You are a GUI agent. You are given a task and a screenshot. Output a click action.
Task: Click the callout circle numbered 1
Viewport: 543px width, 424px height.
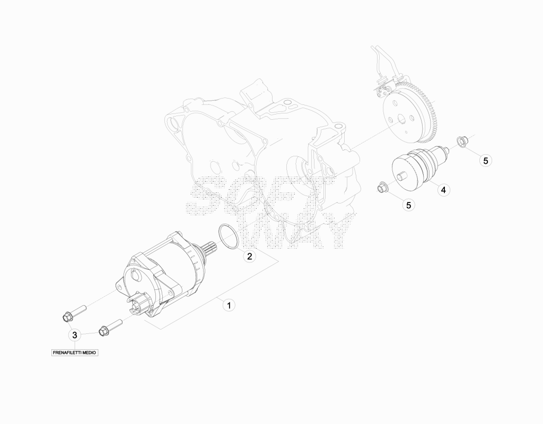click(x=229, y=306)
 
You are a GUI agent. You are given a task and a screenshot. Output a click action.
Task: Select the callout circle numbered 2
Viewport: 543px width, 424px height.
click(x=249, y=256)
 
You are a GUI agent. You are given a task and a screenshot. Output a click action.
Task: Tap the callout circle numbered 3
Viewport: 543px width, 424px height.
click(x=74, y=335)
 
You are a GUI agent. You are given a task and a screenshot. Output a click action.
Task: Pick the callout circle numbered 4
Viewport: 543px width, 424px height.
click(x=443, y=190)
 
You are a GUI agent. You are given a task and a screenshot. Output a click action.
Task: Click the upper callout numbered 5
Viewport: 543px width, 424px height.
click(x=486, y=161)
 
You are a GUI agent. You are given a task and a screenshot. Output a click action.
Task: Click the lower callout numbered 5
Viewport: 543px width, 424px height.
click(x=409, y=205)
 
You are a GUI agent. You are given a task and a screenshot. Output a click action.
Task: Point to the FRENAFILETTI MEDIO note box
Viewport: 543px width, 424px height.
click(x=75, y=352)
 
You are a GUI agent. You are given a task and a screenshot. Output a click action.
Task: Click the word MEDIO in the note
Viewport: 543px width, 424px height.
click(x=89, y=352)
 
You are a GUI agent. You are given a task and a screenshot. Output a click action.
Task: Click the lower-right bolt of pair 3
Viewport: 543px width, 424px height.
click(x=110, y=327)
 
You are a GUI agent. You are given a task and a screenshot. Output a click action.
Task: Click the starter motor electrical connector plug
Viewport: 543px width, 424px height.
click(x=140, y=303)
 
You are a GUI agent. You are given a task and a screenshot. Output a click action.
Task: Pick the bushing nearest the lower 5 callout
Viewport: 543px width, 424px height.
click(x=382, y=187)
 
